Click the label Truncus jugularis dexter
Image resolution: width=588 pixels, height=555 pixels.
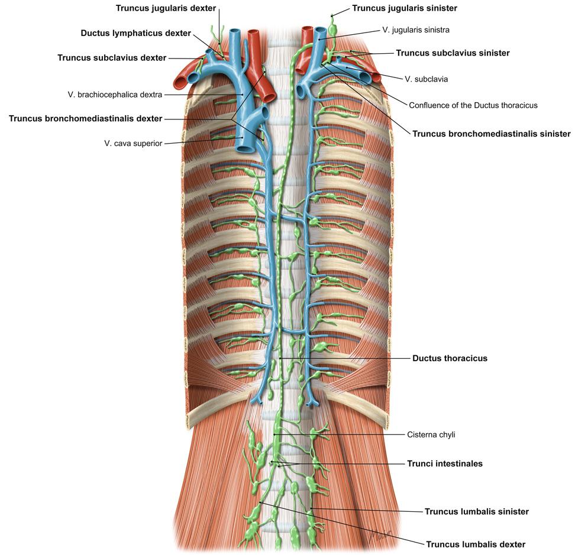(x=166, y=8)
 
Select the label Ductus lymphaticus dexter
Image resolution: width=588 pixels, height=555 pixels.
(x=136, y=33)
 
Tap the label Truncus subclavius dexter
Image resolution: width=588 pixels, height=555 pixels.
(x=112, y=57)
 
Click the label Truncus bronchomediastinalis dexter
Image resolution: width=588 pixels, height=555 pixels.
(x=85, y=118)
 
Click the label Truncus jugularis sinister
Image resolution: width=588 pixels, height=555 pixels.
(x=404, y=8)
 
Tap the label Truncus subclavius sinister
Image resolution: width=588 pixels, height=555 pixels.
(x=453, y=53)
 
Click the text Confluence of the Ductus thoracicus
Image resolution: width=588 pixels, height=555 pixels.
(x=473, y=105)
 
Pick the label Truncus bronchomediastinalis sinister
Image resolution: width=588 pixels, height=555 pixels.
(x=491, y=134)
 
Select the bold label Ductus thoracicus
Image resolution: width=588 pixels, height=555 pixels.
(x=450, y=358)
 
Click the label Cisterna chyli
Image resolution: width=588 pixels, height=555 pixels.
(x=431, y=434)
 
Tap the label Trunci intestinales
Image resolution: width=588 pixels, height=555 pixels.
(x=444, y=463)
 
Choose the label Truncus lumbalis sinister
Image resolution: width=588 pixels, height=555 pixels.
(x=476, y=511)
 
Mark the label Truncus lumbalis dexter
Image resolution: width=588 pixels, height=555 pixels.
(x=476, y=544)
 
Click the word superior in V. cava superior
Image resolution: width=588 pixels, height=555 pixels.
(x=148, y=143)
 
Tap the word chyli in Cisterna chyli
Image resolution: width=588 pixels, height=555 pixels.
(x=445, y=434)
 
